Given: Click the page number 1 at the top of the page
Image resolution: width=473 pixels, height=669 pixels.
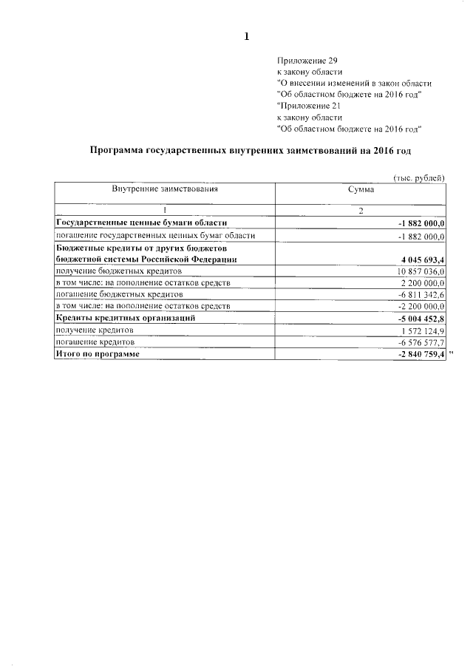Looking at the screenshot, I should pyautogui.click(x=247, y=37).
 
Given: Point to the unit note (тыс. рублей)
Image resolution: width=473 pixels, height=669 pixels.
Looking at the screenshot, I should pyautogui.click(x=418, y=177).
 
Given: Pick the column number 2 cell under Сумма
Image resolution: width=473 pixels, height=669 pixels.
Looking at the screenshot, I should pyautogui.click(x=361, y=211).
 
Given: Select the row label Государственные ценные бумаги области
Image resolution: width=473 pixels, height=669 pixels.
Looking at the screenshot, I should pyautogui.click(x=141, y=223).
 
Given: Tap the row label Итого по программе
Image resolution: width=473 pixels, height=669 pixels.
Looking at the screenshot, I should pyautogui.click(x=98, y=355).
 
